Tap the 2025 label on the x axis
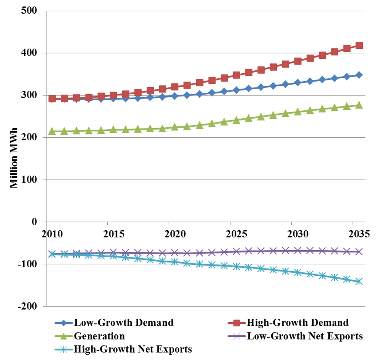(x=230, y=233)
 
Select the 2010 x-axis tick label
(x=52, y=233)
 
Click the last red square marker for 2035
(x=359, y=46)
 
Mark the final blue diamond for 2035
(x=359, y=75)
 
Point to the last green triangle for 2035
(x=359, y=105)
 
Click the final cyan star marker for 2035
(x=359, y=281)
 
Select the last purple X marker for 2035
(x=359, y=252)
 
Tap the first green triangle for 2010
(x=52, y=131)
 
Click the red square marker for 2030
(x=298, y=61)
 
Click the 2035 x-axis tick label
(x=353, y=233)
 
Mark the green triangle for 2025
(x=236, y=120)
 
